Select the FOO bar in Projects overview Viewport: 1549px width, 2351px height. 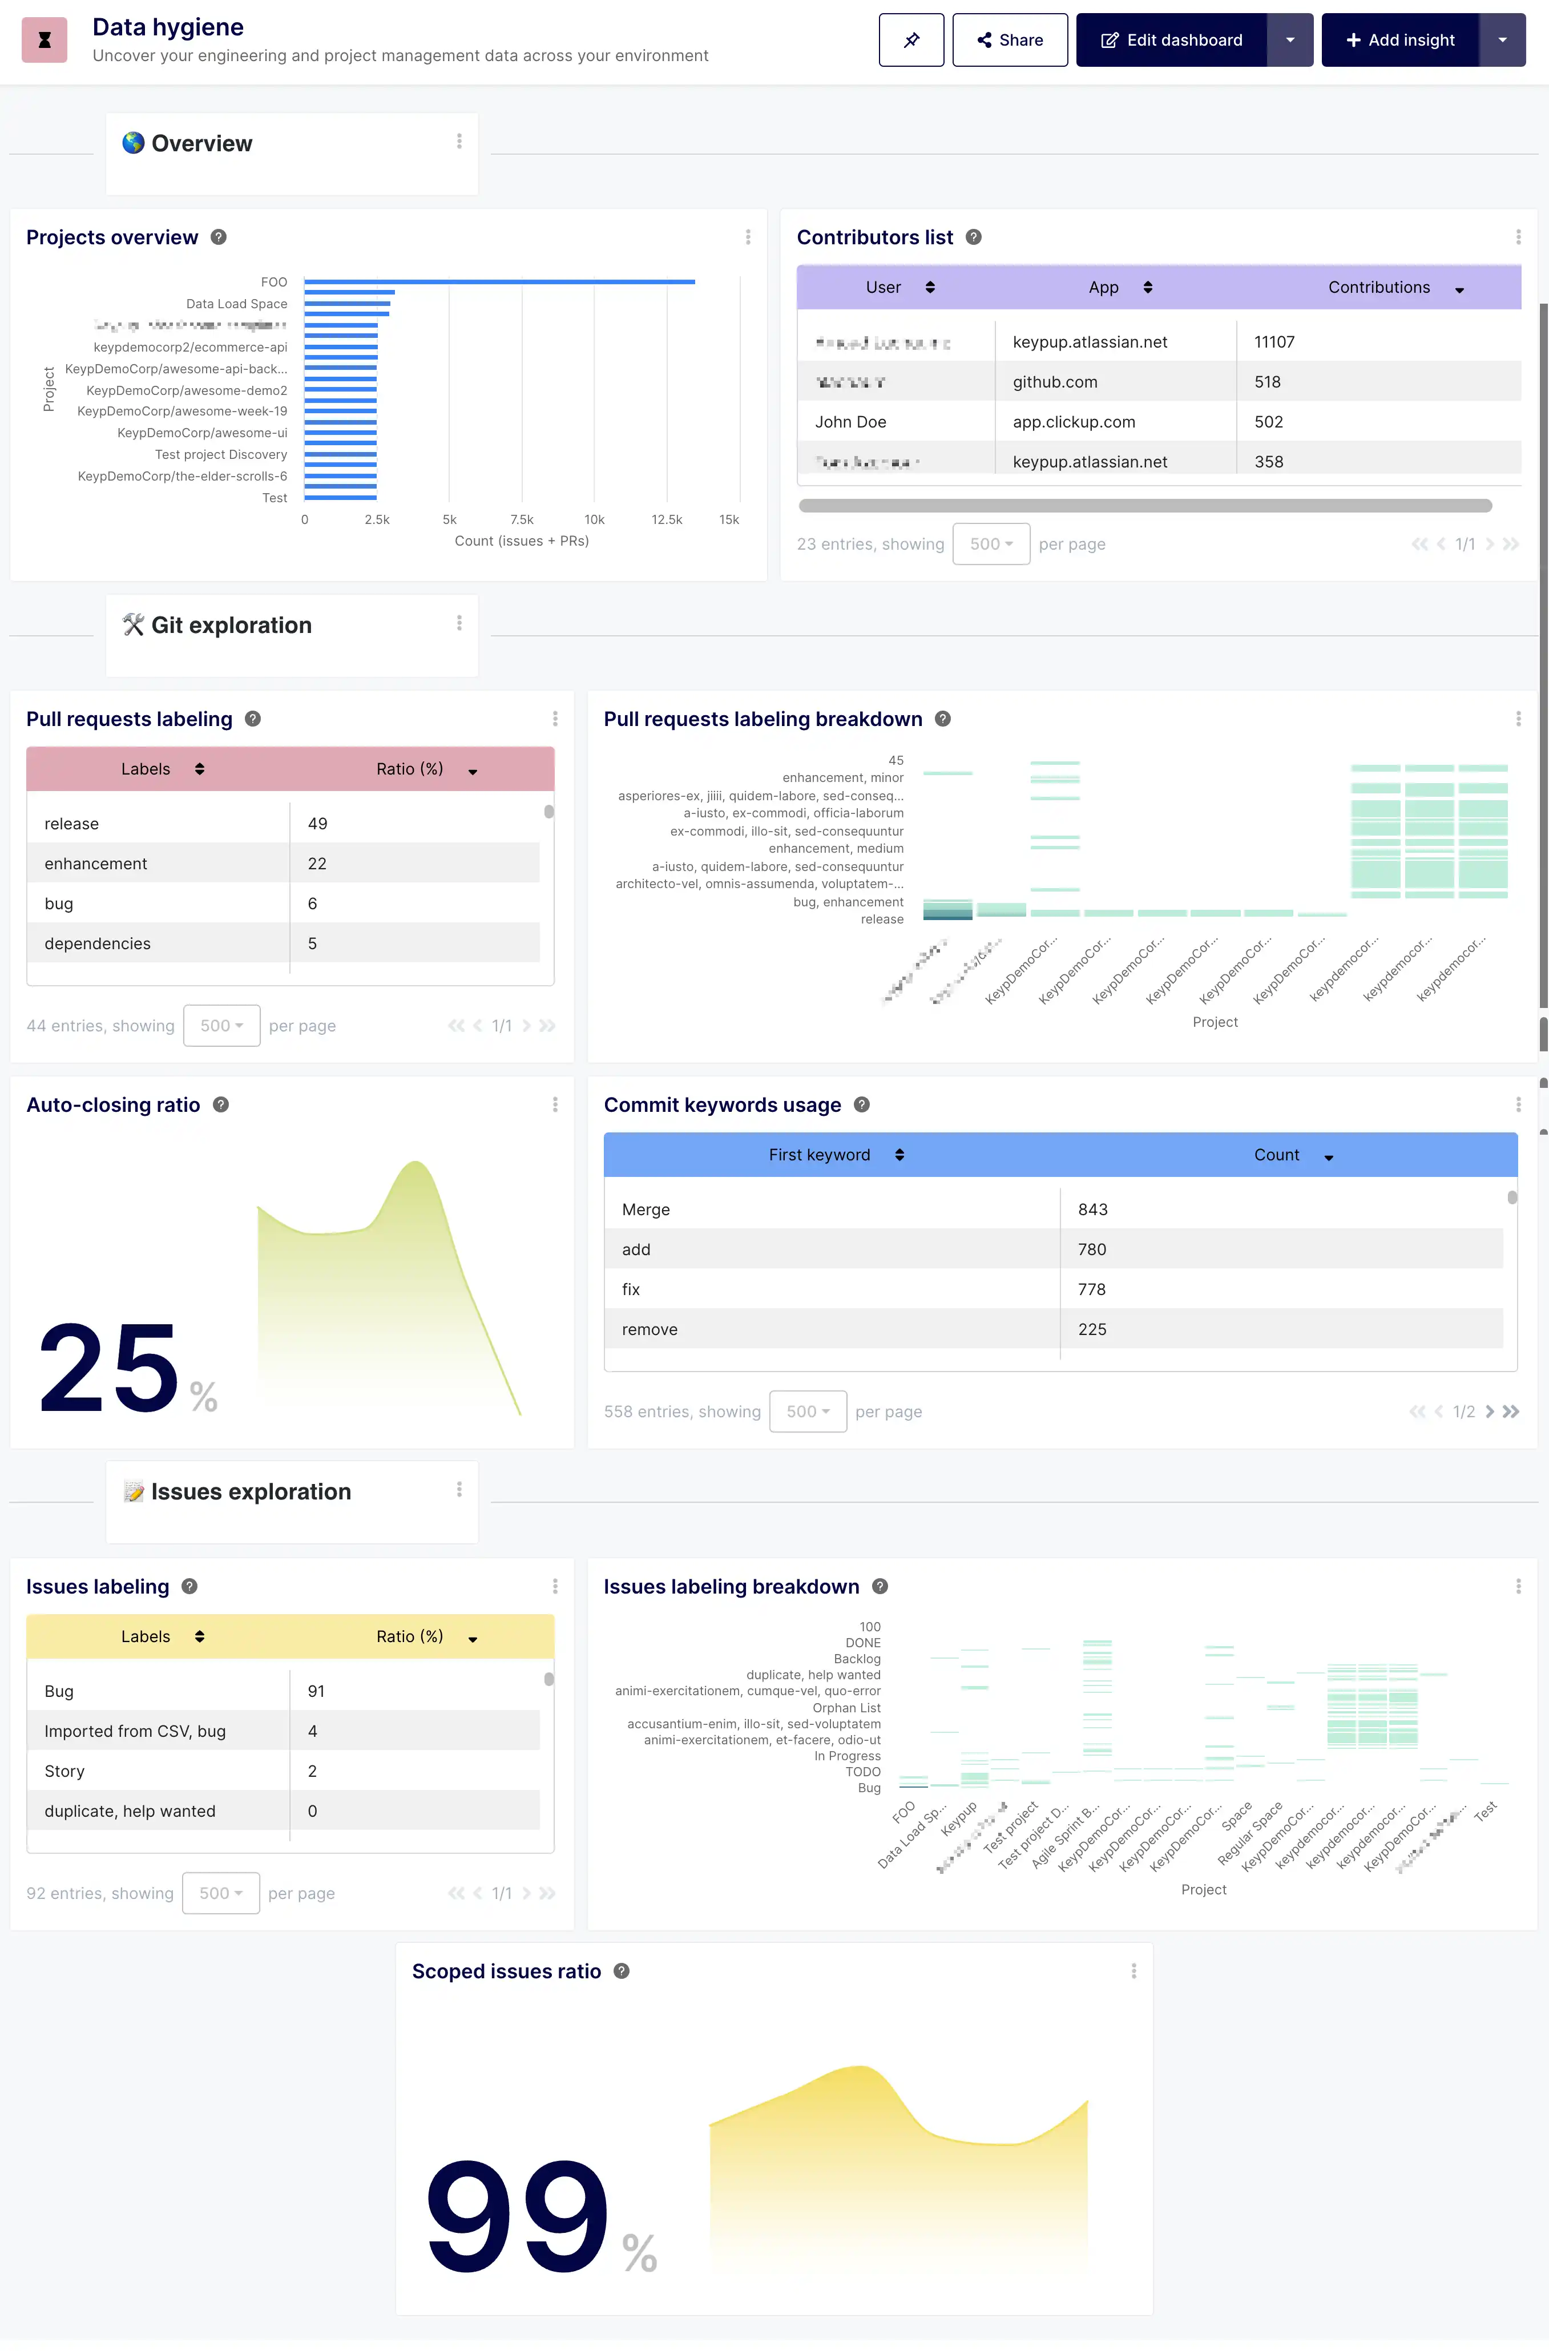click(499, 281)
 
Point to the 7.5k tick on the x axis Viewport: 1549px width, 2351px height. click(522, 519)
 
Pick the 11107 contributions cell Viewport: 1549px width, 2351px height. click(1274, 342)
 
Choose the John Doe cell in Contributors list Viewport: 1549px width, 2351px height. click(850, 422)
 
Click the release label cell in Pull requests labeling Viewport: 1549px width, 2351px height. click(72, 824)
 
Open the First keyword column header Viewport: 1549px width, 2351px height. click(820, 1155)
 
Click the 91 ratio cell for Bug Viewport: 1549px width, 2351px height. click(316, 1691)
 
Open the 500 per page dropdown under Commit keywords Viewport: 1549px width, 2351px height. click(808, 1412)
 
